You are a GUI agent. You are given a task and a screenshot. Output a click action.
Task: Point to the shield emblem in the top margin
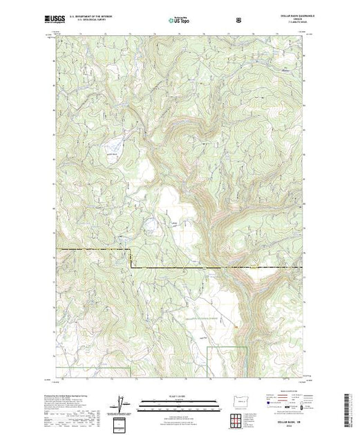click(x=239, y=19)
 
